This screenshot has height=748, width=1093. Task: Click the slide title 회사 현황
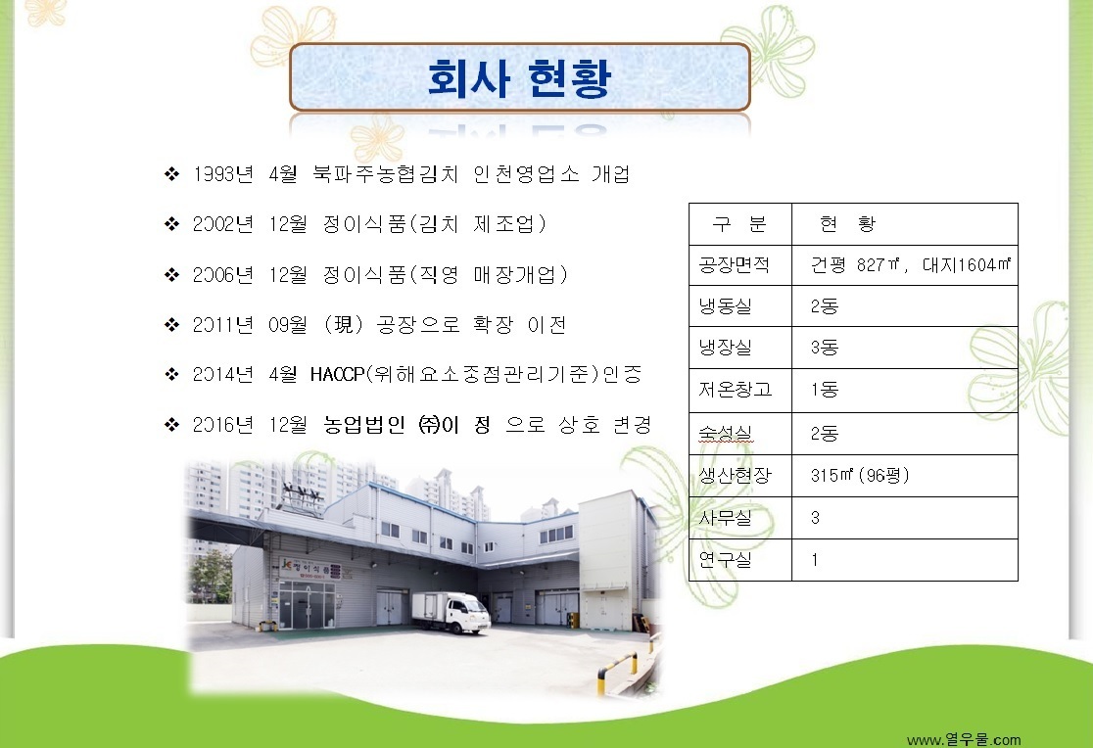coord(519,77)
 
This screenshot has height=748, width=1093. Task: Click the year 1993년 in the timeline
coord(223,173)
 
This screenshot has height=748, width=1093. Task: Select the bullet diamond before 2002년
coord(171,224)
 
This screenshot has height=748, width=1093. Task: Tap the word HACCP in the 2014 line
coord(337,374)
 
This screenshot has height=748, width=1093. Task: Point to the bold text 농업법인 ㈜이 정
coord(407,425)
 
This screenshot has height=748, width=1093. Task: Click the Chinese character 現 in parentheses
coord(344,324)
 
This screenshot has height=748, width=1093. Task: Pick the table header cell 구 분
coord(739,224)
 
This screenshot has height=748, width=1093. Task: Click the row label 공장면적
coord(734,265)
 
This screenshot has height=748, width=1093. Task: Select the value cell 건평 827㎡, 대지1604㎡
coord(911,265)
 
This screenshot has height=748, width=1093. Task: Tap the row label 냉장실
coord(725,348)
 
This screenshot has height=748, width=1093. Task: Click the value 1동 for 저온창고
coord(824,389)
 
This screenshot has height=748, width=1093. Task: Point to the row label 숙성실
coord(725,434)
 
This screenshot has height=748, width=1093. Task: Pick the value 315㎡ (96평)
coord(860,476)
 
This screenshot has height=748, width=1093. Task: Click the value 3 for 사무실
coord(815,517)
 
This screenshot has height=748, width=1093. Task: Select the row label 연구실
coord(725,559)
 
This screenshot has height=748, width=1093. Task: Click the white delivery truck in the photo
coord(451,613)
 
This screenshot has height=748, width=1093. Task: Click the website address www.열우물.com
coord(964,739)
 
